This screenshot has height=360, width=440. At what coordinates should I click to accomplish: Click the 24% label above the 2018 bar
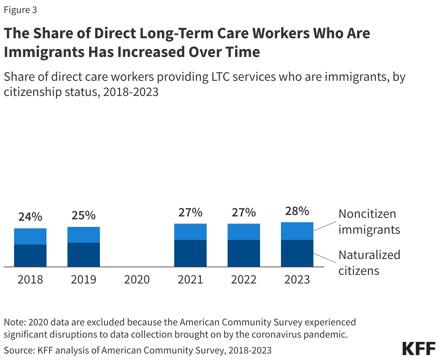click(30, 217)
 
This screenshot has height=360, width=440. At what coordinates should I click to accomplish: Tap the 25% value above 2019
click(83, 215)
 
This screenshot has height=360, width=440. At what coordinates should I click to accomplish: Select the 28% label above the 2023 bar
click(297, 211)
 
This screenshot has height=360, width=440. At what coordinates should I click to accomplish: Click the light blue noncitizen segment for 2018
click(30, 236)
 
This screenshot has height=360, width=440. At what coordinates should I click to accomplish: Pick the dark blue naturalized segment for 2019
click(84, 255)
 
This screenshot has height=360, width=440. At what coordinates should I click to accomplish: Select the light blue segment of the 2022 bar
click(244, 232)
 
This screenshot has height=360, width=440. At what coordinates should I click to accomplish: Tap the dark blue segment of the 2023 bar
click(297, 253)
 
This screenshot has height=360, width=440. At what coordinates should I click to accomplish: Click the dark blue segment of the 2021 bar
click(190, 253)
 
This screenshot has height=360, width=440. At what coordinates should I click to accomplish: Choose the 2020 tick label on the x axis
click(137, 279)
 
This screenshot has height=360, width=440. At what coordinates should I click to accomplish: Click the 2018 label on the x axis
click(30, 279)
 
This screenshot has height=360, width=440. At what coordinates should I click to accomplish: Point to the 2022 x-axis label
click(244, 279)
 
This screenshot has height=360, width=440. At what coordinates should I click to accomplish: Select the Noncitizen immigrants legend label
click(369, 221)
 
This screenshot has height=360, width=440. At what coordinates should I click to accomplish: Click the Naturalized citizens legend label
click(369, 263)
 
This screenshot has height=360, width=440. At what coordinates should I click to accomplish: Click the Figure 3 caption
click(20, 10)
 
